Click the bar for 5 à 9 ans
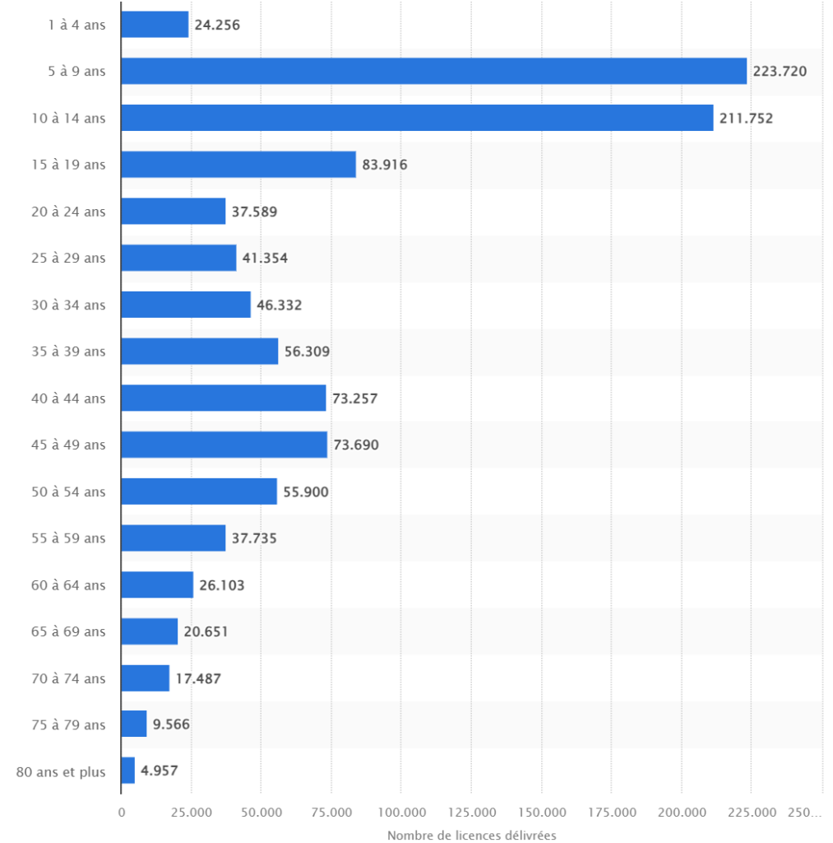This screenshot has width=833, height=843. click(x=433, y=72)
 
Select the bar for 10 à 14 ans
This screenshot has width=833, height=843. click(x=417, y=118)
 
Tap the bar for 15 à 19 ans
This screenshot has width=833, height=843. click(x=238, y=165)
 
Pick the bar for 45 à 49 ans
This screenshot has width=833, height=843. click(x=224, y=445)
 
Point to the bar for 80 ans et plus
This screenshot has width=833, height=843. click(x=128, y=771)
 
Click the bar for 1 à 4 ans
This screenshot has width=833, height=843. click(x=155, y=25)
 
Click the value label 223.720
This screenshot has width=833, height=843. click(x=780, y=72)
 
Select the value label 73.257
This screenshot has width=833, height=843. click(x=354, y=398)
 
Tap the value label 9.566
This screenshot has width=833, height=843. click(x=171, y=724)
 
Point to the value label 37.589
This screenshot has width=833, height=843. click(x=254, y=212)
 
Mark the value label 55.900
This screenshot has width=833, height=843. click(x=306, y=491)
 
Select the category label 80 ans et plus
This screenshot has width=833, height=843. click(x=61, y=771)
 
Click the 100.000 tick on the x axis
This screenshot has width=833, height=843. click(x=401, y=813)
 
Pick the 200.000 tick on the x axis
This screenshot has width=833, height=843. click(x=682, y=813)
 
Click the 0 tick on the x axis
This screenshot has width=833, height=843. click(x=122, y=813)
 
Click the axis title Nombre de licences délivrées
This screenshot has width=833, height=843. click(x=471, y=836)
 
